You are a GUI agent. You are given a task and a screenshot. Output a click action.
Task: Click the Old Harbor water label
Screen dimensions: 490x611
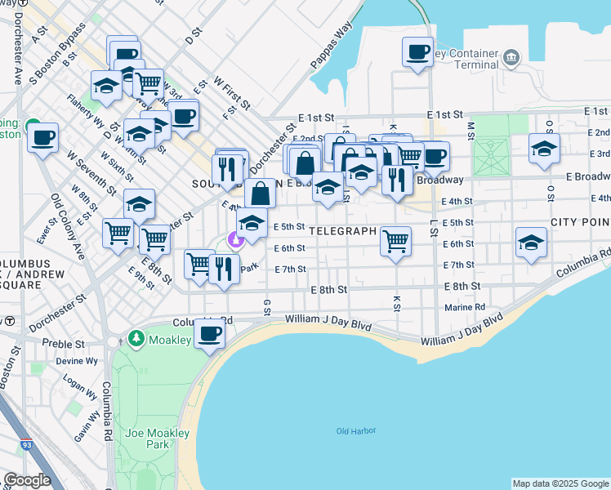pos(355,431)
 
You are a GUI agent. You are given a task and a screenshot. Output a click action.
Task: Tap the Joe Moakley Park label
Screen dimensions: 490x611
pos(147,439)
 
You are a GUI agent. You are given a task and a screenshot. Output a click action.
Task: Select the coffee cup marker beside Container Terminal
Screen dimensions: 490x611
pos(417,53)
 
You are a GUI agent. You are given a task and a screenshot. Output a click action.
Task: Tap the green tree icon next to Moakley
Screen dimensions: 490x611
pos(136,338)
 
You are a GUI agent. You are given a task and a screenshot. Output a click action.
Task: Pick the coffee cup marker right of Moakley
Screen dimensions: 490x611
pos(210,333)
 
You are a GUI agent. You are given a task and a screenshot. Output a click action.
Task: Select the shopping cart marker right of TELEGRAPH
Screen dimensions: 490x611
pos(395,241)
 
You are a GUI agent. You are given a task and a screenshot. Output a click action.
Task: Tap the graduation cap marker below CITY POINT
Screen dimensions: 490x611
pos(531,243)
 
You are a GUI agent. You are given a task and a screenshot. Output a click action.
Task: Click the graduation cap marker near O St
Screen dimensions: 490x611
pos(544,149)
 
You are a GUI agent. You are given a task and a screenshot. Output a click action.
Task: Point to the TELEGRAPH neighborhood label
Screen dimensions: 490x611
pos(342,231)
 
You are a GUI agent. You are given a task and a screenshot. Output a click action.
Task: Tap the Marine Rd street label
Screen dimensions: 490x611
pos(465,308)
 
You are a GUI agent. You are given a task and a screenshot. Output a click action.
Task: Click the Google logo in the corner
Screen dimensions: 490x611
pos(27,480)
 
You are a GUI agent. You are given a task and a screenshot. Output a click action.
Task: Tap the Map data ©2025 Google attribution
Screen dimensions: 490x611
pos(560,483)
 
